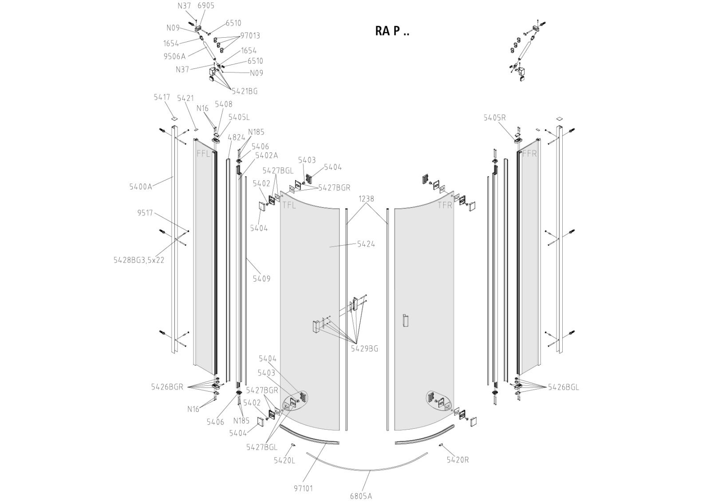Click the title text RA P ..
(x=392, y=31)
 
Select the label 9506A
(x=174, y=56)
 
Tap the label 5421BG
(x=244, y=91)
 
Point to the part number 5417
(x=162, y=97)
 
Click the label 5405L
(x=239, y=117)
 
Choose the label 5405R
(x=495, y=118)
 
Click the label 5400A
(x=141, y=187)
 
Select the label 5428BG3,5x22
(x=139, y=260)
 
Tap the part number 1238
(x=367, y=199)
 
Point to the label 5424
(x=366, y=244)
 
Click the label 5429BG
(x=364, y=349)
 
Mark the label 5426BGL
(x=563, y=387)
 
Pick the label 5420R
(x=458, y=460)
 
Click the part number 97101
(x=304, y=488)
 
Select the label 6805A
(x=361, y=496)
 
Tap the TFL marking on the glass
(x=289, y=205)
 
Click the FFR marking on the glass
(x=529, y=154)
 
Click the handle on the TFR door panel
(x=404, y=321)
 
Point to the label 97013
(x=250, y=36)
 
